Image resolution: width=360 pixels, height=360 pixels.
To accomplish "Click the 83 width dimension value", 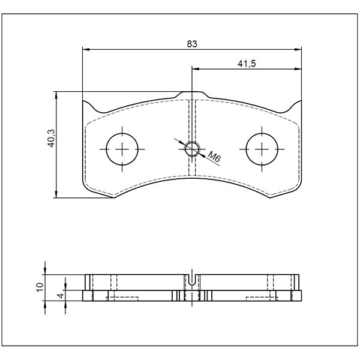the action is click(x=192, y=44).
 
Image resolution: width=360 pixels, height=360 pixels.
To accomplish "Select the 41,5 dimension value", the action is click(x=247, y=64).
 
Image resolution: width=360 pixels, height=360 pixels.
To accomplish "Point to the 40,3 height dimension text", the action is click(x=51, y=138).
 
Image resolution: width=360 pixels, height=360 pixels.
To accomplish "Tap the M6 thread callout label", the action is click(x=214, y=157).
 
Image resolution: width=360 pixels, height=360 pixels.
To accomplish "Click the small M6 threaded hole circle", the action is click(x=192, y=149).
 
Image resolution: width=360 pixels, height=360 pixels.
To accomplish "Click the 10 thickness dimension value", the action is click(x=40, y=287).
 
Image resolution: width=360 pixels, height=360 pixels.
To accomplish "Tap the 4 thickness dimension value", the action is click(x=61, y=295).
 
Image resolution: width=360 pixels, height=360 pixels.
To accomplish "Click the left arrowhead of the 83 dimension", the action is click(x=86, y=49).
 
